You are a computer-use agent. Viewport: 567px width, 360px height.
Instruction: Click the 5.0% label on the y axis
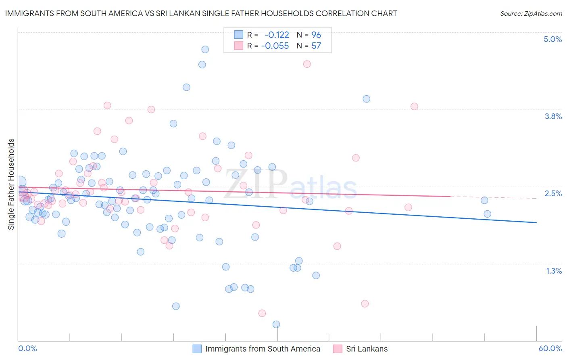[552, 39]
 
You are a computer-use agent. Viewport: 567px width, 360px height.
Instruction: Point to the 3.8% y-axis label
[553, 116]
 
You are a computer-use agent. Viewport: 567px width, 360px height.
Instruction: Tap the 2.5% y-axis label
[553, 193]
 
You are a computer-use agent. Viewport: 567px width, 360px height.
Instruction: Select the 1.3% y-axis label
[554, 271]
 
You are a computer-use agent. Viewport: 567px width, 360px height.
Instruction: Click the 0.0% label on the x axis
[27, 348]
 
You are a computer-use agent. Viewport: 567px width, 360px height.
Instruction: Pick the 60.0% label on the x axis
[550, 348]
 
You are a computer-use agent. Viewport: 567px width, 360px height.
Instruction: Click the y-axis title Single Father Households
[11, 184]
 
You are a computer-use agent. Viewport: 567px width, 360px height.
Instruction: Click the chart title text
[201, 13]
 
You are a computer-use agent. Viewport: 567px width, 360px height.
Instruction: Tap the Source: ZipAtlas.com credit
[531, 13]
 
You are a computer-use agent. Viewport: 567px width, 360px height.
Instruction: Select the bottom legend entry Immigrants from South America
[263, 349]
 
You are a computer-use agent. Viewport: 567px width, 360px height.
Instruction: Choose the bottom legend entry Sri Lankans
[367, 349]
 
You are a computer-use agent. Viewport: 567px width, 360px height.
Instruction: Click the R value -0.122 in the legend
[277, 35]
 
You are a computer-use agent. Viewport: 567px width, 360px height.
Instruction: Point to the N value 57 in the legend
[316, 46]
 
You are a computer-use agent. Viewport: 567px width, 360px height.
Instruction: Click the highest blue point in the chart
[205, 49]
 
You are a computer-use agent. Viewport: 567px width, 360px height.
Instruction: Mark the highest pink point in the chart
[306, 64]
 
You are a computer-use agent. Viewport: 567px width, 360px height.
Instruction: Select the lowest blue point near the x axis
[276, 324]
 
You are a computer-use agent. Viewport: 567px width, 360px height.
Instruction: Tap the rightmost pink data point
[414, 107]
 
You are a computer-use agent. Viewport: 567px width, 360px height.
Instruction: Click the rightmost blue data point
[487, 214]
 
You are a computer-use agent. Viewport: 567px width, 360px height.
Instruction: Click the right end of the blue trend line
[536, 222]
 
